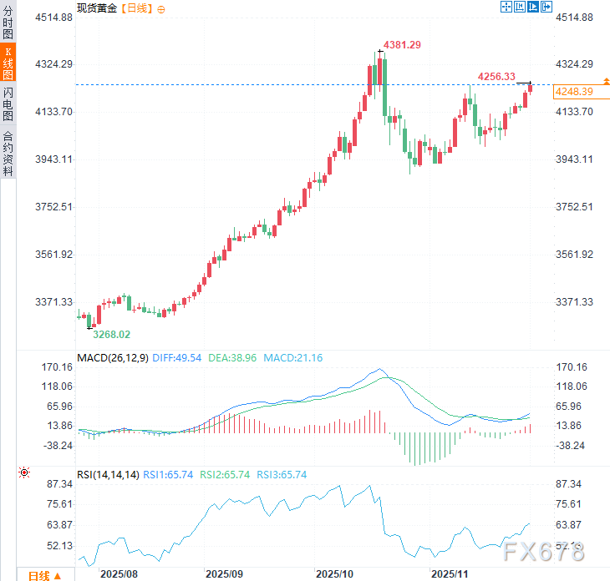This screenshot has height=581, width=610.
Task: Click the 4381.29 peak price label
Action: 402,44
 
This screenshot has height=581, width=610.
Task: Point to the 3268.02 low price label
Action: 112,334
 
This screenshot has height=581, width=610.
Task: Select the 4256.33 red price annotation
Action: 496,76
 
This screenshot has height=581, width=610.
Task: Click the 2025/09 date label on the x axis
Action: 224,574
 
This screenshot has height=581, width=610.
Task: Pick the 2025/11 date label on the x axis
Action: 450,574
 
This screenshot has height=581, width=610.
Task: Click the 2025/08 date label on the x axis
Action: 118,574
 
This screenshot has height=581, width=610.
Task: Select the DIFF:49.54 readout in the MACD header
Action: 177,358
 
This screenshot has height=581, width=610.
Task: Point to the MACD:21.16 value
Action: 292,358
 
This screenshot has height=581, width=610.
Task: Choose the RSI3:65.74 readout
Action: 282,475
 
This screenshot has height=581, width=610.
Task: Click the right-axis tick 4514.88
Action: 574,18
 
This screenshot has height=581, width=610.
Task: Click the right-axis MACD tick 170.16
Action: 572,367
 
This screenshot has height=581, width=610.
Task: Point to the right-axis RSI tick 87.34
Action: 571,484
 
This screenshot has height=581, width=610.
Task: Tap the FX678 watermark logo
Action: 544,552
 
